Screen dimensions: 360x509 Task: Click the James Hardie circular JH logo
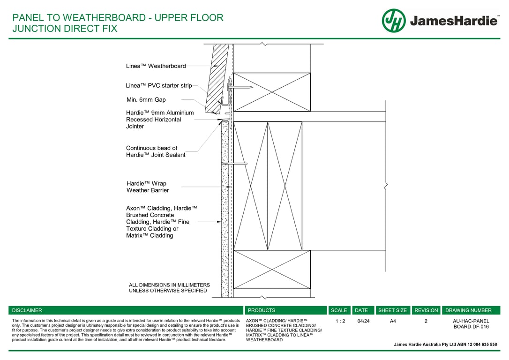pos(394,21)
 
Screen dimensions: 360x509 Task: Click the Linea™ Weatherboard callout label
pos(156,66)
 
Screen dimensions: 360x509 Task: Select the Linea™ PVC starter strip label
pos(159,86)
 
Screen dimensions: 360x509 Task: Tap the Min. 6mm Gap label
pos(146,100)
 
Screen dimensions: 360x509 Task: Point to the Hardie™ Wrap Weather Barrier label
pos(147,187)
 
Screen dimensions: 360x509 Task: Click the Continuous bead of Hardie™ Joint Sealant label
pos(156,151)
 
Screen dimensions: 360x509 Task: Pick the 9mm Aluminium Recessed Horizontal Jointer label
pos(160,120)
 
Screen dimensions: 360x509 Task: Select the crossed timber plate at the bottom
pos(272,270)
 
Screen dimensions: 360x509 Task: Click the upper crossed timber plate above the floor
pos(272,92)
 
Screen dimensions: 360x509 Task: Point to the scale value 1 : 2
pos(341,322)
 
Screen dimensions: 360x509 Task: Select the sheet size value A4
pos(393,322)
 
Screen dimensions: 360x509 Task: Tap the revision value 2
pos(426,322)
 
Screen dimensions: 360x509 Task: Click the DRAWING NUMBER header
pos(468,310)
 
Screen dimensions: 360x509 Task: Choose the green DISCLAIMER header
pos(27,310)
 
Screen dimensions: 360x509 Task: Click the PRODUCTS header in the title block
pos(262,310)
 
